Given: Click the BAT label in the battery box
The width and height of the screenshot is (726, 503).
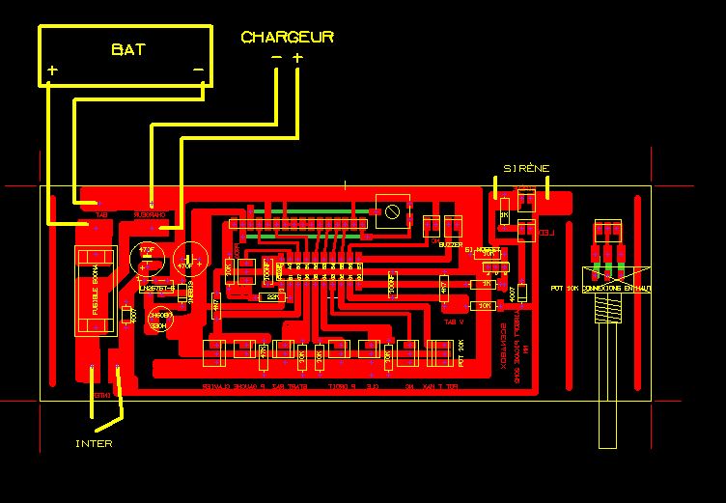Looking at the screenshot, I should (127, 49).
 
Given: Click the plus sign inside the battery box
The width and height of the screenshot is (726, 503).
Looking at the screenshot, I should (52, 70).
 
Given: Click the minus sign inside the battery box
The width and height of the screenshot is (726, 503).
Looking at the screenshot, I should (198, 70).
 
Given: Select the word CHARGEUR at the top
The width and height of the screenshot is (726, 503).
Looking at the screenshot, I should (287, 37).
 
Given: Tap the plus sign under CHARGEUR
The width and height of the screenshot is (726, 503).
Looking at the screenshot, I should (297, 58).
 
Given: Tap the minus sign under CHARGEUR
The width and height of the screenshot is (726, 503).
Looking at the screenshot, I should (276, 58).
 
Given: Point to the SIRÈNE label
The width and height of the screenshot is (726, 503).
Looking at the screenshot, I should (525, 168).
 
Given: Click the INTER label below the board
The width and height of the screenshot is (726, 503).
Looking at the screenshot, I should (94, 444).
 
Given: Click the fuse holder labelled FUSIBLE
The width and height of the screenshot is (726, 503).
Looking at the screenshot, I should (95, 291).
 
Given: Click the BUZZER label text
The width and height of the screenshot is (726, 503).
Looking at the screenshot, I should (450, 245).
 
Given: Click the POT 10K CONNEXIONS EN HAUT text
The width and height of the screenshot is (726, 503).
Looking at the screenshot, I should (600, 288).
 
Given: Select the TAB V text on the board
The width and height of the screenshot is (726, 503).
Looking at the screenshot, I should (454, 321).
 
